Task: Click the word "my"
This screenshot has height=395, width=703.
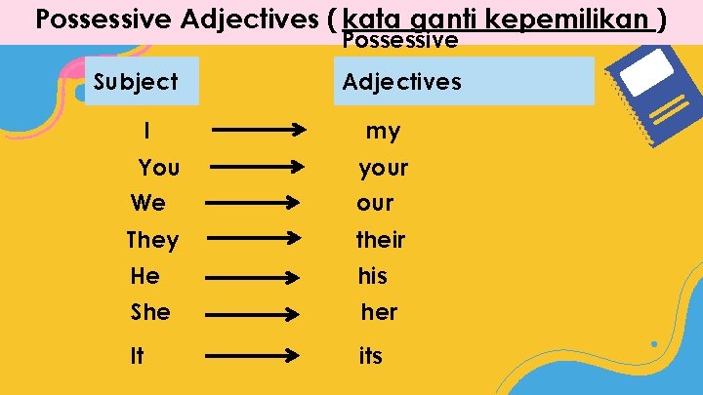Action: tap(383, 132)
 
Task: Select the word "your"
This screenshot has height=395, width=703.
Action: tap(383, 169)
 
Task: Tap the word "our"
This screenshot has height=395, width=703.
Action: tap(375, 204)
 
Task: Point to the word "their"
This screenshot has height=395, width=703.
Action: tap(381, 240)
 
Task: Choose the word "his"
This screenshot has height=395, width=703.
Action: tap(372, 276)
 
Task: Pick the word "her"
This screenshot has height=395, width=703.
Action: tap(379, 312)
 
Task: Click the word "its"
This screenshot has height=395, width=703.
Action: tap(371, 356)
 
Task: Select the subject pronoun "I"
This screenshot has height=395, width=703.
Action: tap(146, 130)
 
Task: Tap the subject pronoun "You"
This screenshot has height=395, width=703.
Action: tap(159, 168)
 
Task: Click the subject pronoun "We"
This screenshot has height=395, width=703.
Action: tap(148, 204)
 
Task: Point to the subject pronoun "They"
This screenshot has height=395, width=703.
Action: tap(152, 240)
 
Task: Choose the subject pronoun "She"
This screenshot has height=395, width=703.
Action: tap(150, 312)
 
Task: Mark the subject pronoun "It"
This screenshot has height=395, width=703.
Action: tap(137, 356)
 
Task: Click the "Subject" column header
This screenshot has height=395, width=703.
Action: tap(136, 82)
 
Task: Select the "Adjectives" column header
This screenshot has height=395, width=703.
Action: tap(402, 82)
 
